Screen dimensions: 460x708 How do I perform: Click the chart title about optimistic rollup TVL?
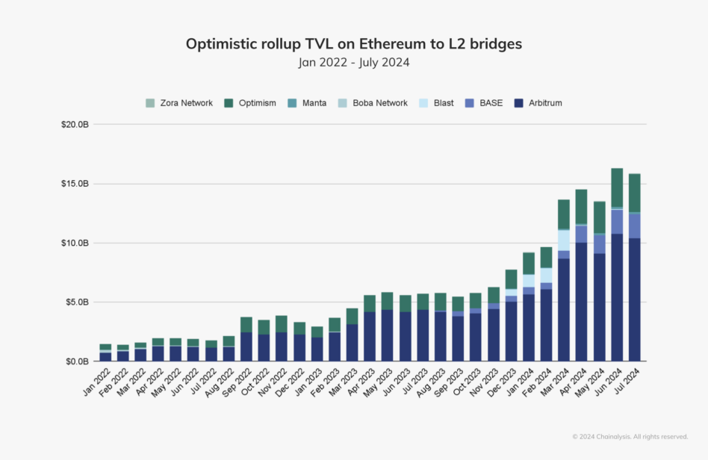tap(353, 44)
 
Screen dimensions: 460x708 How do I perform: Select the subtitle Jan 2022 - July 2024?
tap(353, 63)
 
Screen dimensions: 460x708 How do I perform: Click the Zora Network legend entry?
tap(179, 103)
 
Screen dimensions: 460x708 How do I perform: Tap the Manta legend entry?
tap(308, 103)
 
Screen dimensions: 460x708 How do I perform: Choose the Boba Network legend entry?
tap(373, 103)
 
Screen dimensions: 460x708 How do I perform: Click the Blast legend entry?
tap(436, 103)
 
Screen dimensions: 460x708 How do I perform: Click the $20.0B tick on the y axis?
tap(75, 125)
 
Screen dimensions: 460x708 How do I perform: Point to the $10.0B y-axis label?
tap(75, 243)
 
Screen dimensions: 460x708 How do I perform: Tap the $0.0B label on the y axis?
tap(78, 361)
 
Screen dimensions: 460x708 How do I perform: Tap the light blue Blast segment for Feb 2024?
tap(546, 275)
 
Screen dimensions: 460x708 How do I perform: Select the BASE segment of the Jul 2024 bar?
tap(634, 226)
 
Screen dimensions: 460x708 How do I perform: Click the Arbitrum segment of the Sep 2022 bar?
tap(246, 346)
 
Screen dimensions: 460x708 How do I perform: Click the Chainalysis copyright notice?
tap(630, 437)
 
